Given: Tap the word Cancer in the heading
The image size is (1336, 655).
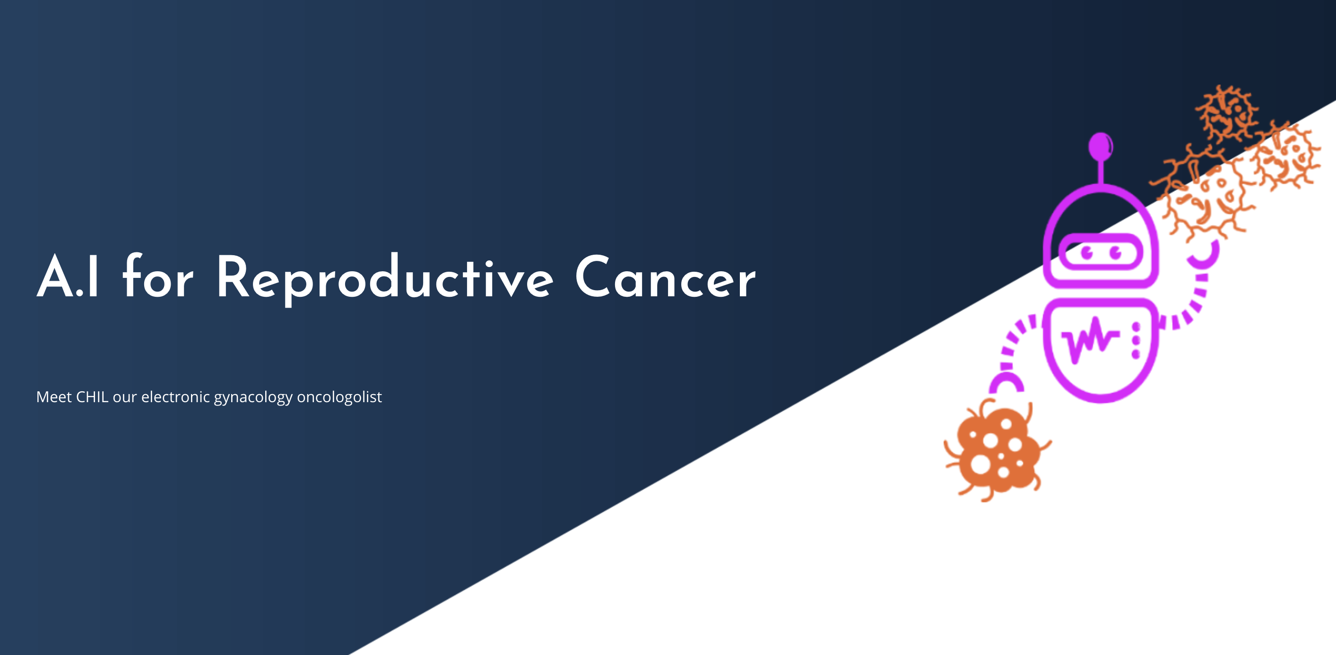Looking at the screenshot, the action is point(666,277).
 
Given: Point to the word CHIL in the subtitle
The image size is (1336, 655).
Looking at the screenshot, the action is point(92,397).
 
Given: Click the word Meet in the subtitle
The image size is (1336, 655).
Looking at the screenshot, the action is point(54,397).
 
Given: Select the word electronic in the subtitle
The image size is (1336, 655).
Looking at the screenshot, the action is point(176,397).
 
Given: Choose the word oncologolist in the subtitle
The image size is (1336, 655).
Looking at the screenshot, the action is point(339,398).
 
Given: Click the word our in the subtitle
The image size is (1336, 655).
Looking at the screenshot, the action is point(124,398).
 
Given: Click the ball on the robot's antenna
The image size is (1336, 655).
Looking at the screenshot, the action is point(1100,145).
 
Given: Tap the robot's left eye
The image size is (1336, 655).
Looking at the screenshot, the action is point(1086,253).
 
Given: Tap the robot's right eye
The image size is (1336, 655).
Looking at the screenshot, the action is point(1115,253).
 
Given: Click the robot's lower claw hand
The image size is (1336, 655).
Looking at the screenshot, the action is point(1006,383).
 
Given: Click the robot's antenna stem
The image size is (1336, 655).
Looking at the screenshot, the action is point(1101,171).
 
